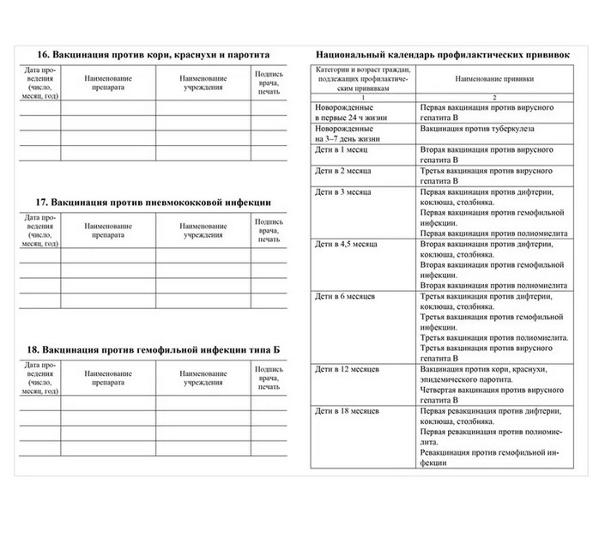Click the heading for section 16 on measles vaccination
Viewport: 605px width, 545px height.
[x=148, y=53]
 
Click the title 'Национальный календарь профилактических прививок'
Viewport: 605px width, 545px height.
[x=443, y=53]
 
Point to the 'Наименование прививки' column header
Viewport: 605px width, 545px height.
[x=493, y=78]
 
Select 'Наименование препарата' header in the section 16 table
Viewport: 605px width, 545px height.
[x=108, y=82]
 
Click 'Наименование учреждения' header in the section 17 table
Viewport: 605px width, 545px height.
[x=203, y=229]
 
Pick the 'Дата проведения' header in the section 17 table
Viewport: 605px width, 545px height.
[x=39, y=229]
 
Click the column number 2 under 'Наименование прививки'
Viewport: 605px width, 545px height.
[x=493, y=98]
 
